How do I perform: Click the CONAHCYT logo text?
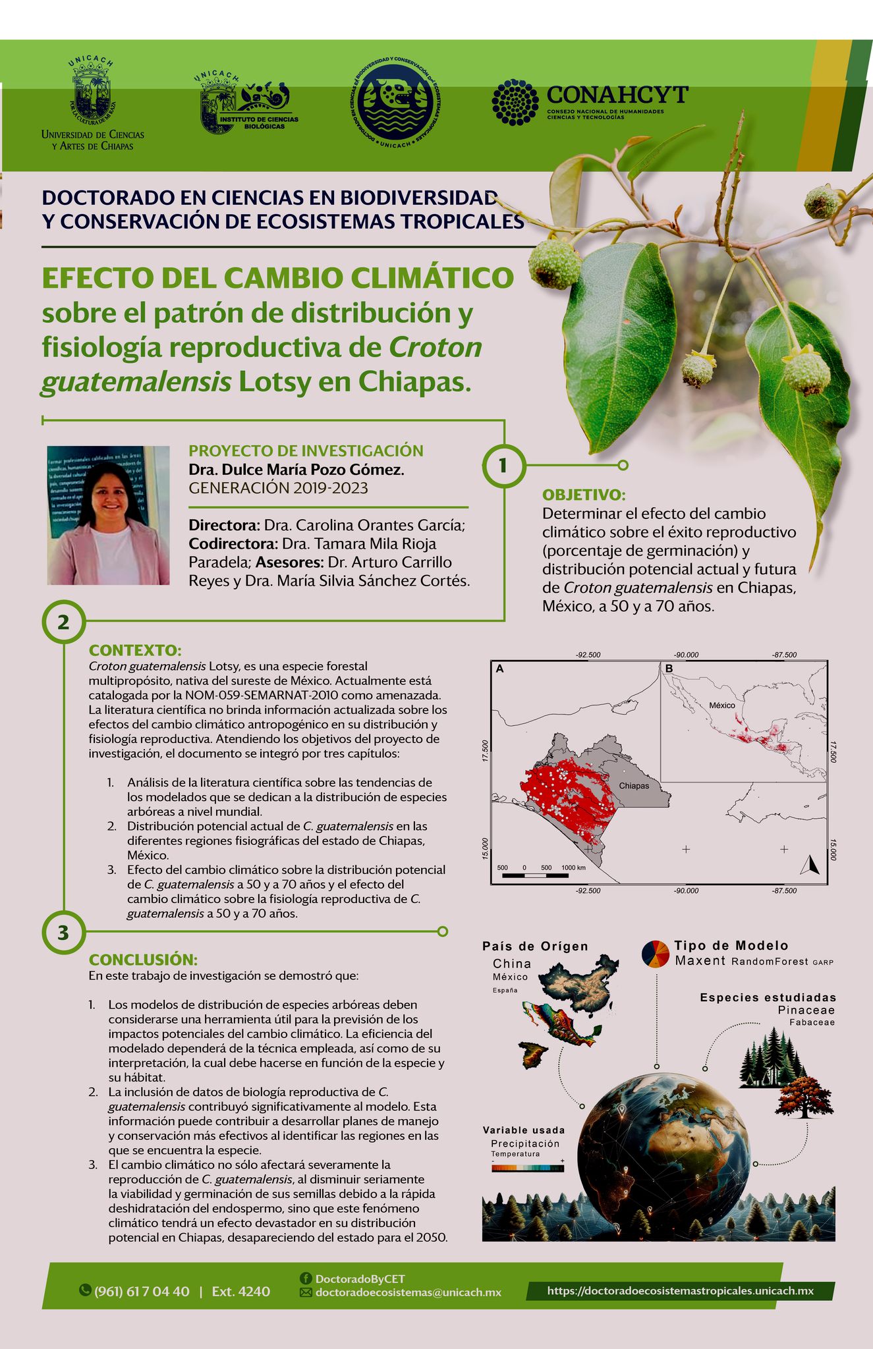(617, 95)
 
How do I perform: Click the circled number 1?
(503, 466)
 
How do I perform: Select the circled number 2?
(63, 622)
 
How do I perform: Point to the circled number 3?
(63, 932)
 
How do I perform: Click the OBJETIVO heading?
(583, 495)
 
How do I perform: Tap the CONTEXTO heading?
(135, 651)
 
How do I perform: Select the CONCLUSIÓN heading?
(143, 960)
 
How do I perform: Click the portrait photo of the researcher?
(108, 515)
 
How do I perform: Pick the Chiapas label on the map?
(634, 786)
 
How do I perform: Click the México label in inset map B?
(721, 705)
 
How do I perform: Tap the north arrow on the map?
(810, 864)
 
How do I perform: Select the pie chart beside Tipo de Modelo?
(656, 954)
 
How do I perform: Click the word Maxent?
(700, 961)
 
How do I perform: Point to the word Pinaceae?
(806, 1010)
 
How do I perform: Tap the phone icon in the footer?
(85, 1290)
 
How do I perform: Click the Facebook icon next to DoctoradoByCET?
(306, 1278)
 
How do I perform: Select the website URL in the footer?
(680, 1290)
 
